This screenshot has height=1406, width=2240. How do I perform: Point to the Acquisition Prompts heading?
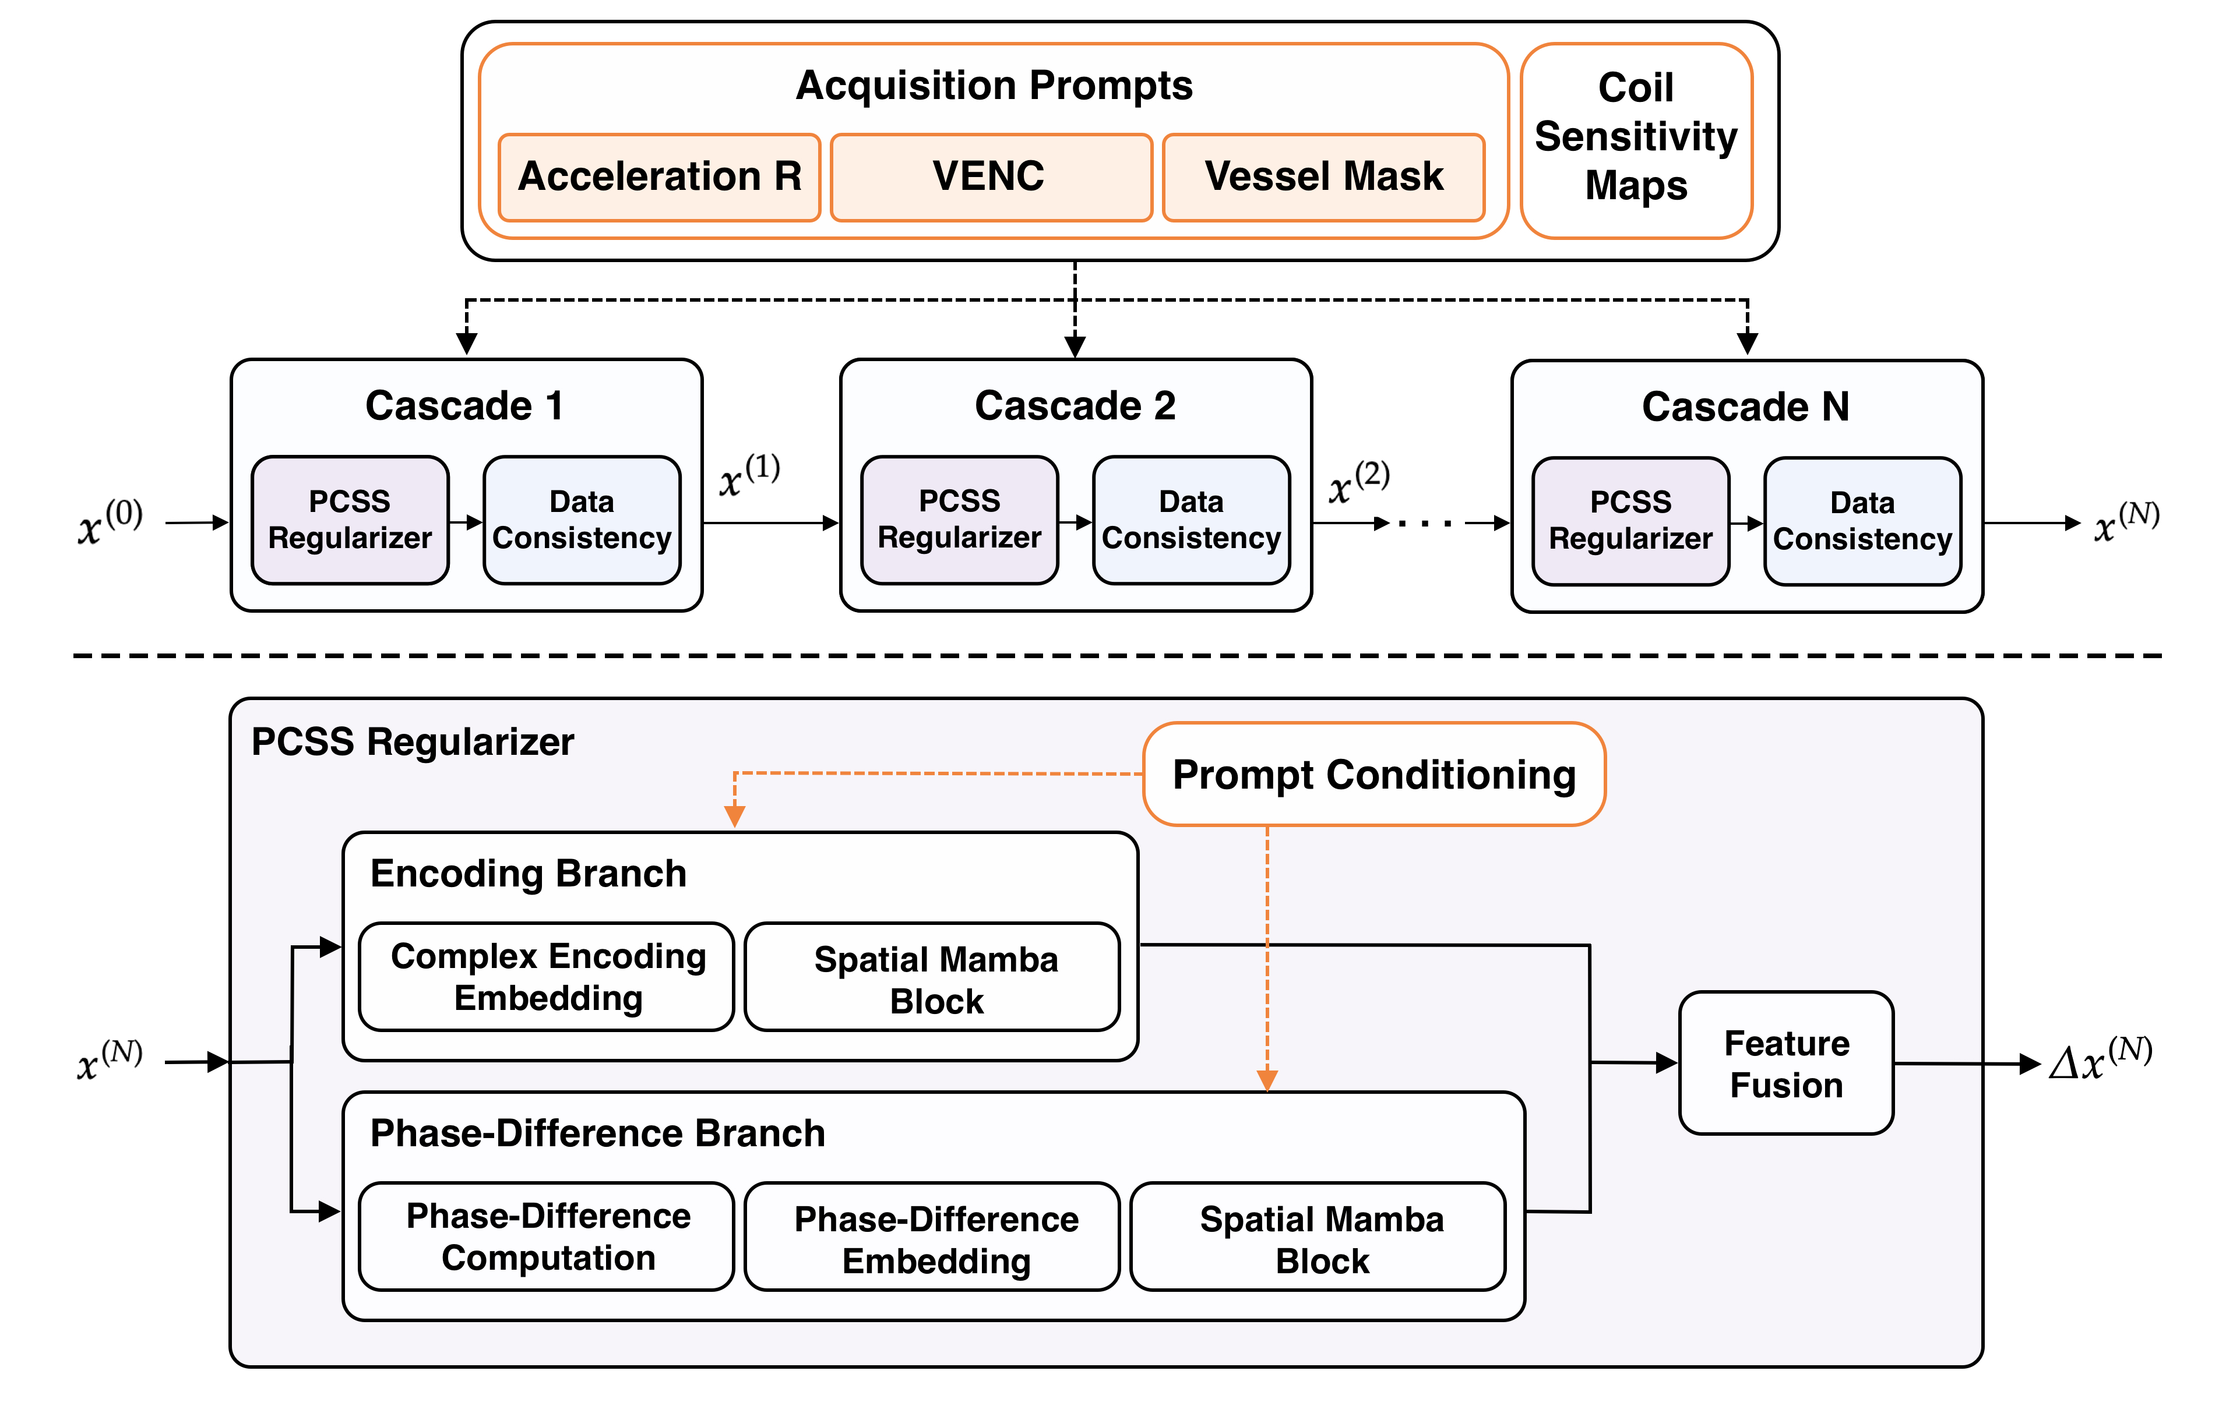(994, 86)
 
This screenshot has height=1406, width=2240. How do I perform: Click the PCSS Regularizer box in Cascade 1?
(350, 520)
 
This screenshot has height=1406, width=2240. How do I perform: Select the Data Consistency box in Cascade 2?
(1192, 520)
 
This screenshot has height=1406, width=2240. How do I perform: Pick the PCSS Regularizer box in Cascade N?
(1630, 521)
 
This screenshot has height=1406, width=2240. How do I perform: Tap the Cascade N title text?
(1745, 407)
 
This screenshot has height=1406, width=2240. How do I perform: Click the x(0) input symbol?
(110, 522)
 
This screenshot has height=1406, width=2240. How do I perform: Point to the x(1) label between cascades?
(750, 475)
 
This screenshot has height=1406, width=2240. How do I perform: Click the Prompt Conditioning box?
(1374, 773)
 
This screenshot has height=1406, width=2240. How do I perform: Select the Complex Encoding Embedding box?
(547, 976)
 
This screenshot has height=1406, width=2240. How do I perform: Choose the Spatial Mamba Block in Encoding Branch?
(932, 976)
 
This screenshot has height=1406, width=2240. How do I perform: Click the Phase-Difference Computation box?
(547, 1236)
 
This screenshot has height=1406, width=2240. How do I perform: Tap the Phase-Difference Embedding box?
(932, 1236)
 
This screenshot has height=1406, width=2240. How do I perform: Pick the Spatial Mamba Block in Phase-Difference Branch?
(1318, 1236)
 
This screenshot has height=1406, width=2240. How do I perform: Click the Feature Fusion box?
(1786, 1063)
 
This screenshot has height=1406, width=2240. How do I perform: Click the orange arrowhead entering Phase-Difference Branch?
(1267, 1080)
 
